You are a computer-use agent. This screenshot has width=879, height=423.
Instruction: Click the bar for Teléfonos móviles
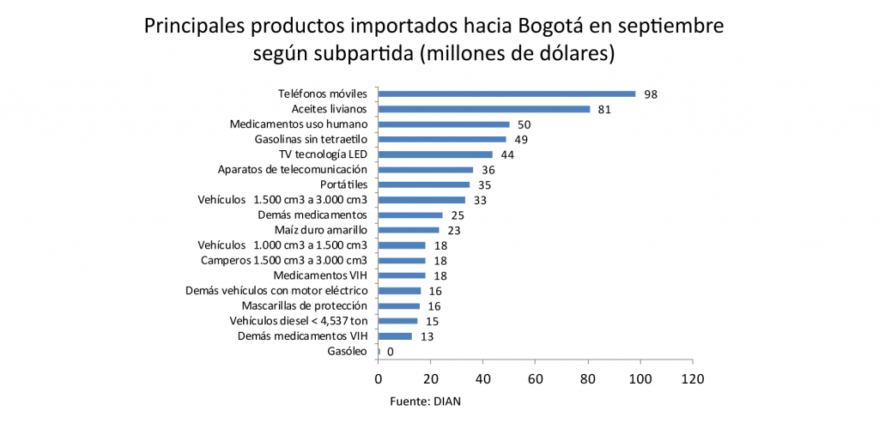pos(506,94)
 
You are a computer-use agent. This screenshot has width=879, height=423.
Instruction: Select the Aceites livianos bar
pos(484,109)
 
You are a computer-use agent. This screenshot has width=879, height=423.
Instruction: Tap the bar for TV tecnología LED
pos(435,154)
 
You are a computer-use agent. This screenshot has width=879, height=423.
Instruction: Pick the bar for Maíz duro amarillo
pos(409,230)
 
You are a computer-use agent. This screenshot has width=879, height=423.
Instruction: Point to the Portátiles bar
pos(424,184)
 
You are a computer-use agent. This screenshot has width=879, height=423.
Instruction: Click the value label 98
pos(651,94)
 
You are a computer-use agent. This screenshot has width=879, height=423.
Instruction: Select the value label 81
pos(604,110)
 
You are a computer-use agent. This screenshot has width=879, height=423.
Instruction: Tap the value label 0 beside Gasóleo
pos(391,352)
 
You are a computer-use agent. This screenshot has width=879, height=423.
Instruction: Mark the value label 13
pos(427,336)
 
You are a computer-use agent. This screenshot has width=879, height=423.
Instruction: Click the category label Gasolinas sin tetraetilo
pos(311,139)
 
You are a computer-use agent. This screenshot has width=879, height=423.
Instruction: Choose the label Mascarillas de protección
pos(305,305)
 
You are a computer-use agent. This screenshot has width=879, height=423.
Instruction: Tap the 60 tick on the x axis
pos(536,378)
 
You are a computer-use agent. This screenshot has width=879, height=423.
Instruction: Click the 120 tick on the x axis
pos(692,378)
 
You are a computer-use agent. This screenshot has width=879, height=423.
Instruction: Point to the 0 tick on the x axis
pos(378,378)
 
